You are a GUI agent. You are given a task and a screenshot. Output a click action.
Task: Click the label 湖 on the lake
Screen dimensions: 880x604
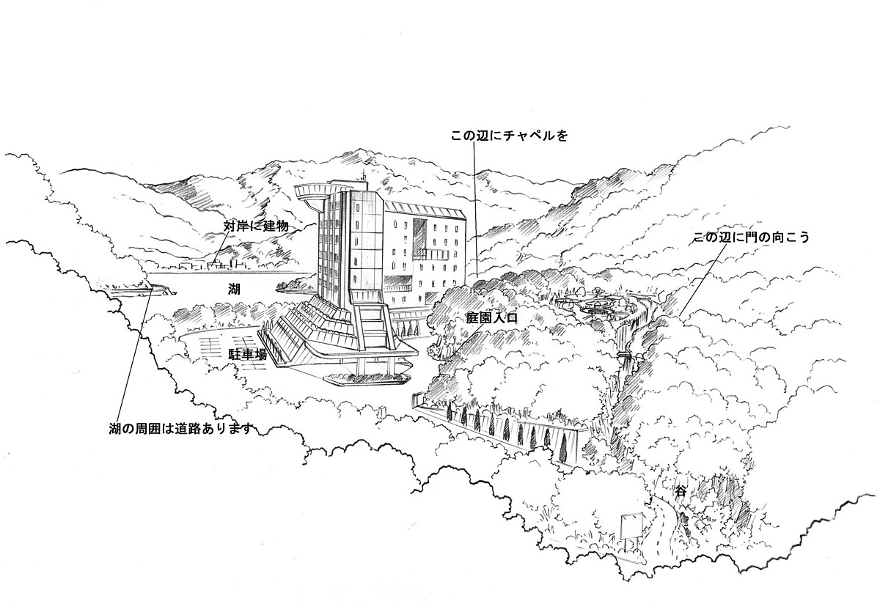point(234,290)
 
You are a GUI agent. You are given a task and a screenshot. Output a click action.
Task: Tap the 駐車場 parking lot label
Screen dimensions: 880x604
point(248,354)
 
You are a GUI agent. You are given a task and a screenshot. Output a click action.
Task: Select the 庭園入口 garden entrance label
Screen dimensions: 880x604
point(492,318)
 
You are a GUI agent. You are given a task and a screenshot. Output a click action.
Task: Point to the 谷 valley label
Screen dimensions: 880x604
point(681,492)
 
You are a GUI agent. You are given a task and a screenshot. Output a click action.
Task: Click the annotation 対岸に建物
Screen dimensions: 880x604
point(256,226)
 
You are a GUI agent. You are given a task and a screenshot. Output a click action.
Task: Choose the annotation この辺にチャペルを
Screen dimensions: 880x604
point(509,136)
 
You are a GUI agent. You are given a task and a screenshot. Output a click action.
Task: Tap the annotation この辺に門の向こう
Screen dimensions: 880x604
point(752,237)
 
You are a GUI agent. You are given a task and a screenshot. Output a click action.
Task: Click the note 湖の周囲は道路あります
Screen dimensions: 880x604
point(180,429)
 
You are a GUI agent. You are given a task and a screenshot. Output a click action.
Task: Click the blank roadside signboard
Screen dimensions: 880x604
point(631,526)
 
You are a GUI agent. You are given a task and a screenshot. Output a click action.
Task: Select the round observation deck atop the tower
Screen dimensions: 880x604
point(312,193)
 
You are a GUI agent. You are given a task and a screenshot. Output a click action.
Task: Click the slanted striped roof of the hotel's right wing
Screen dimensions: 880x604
point(424,210)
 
